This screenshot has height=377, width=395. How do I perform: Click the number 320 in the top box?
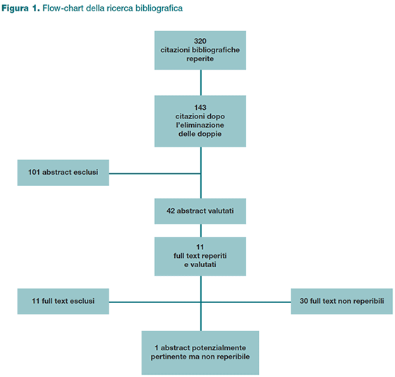pyautogui.click(x=200, y=41)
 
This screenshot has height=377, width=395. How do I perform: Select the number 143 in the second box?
pyautogui.click(x=200, y=107)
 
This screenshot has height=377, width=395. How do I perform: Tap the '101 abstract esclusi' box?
pyautogui.click(x=63, y=173)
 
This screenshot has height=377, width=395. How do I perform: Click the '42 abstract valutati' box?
pyautogui.click(x=200, y=211)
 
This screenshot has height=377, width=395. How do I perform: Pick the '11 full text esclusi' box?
pyautogui.click(x=63, y=302)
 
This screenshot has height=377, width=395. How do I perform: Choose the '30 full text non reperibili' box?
pyautogui.click(x=342, y=302)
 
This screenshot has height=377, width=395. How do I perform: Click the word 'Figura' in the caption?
pyautogui.click(x=15, y=8)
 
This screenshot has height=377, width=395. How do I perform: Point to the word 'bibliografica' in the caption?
pyautogui.click(x=159, y=8)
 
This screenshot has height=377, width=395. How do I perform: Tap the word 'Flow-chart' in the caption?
pyautogui.click(x=63, y=8)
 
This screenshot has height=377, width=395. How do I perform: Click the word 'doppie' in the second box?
pyautogui.click(x=211, y=134)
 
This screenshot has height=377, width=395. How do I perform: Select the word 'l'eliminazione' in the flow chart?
pyautogui.click(x=200, y=125)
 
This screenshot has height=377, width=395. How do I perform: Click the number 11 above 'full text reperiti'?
pyautogui.click(x=200, y=247)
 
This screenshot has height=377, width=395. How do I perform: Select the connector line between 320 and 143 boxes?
pyautogui.click(x=201, y=82)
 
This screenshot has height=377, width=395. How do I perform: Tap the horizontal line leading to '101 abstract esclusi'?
pyautogui.click(x=155, y=173)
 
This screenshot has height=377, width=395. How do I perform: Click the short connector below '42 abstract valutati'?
pyautogui.click(x=201, y=230)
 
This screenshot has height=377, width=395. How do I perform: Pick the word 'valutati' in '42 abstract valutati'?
pyautogui.click(x=220, y=211)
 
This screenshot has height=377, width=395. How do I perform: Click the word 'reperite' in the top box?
pyautogui.click(x=200, y=59)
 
